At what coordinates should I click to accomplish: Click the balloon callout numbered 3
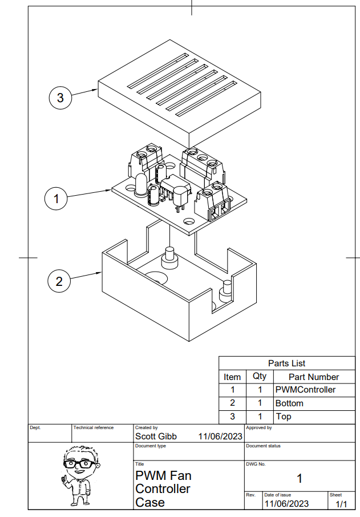(x=60, y=98)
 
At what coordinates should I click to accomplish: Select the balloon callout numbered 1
(x=56, y=199)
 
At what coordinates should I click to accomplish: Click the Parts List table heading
(x=286, y=363)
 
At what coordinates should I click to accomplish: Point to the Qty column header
(x=259, y=377)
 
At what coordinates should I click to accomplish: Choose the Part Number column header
(x=314, y=377)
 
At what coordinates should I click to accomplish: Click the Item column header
(x=232, y=377)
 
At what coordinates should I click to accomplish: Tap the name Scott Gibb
(x=156, y=437)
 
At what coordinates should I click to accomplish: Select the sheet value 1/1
(x=341, y=504)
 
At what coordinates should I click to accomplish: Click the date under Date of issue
(x=286, y=504)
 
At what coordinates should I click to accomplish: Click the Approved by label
(x=259, y=427)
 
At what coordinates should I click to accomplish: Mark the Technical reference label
(x=93, y=427)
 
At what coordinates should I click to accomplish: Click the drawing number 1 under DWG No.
(x=300, y=478)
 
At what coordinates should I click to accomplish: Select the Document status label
(x=263, y=446)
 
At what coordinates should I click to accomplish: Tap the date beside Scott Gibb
(x=220, y=437)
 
